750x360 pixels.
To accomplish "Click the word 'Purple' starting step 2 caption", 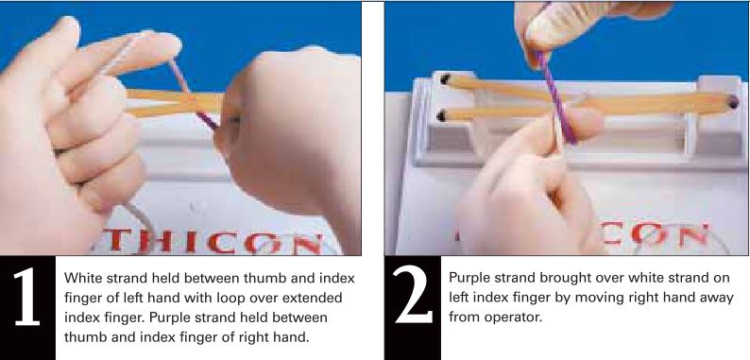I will click(x=472, y=280).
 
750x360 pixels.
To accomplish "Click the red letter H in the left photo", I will click(x=151, y=241).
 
